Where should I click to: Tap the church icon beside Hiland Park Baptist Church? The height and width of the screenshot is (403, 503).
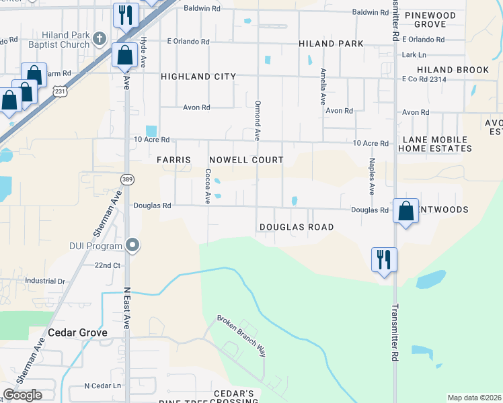pos(99,38)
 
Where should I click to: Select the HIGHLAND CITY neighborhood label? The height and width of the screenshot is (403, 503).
pos(198,77)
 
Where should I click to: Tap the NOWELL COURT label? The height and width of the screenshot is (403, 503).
pos(245,160)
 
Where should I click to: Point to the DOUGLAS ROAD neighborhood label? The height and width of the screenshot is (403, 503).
pos(297,227)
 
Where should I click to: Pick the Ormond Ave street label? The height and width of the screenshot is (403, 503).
pos(257,121)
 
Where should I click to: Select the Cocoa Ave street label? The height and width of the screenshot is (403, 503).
pos(208,186)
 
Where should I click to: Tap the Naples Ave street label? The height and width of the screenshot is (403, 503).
pos(371,173)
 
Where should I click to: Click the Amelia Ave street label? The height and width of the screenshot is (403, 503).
pos(323,85)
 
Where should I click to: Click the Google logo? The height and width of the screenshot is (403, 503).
pos(22,395)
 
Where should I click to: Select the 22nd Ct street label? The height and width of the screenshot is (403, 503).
pos(107,265)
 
